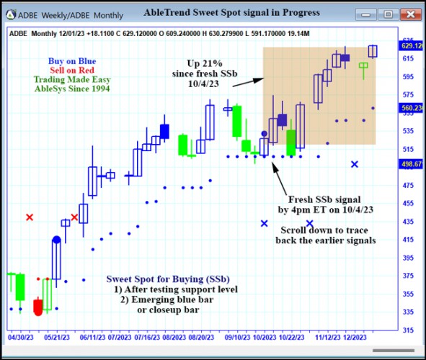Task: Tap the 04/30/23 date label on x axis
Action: [19, 336]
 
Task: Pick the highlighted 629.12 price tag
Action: [412, 45]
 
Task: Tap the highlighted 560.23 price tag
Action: [412, 107]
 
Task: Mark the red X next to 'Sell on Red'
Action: [30, 217]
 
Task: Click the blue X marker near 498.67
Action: [355, 164]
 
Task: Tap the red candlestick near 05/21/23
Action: [37, 307]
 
